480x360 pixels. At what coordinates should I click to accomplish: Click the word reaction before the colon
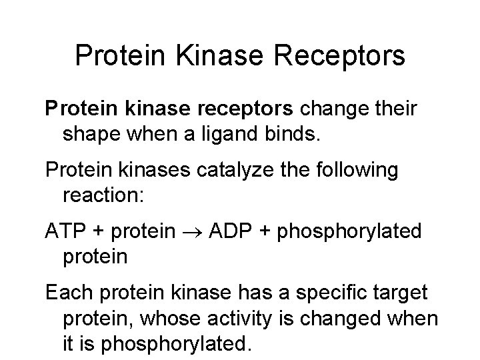tap(103, 197)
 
